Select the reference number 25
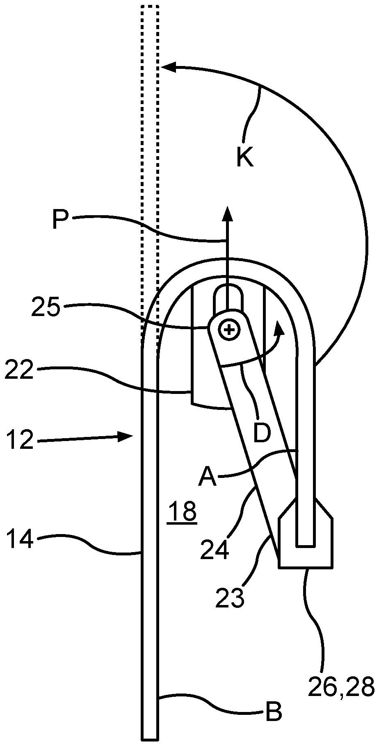46,308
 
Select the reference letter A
207,477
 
